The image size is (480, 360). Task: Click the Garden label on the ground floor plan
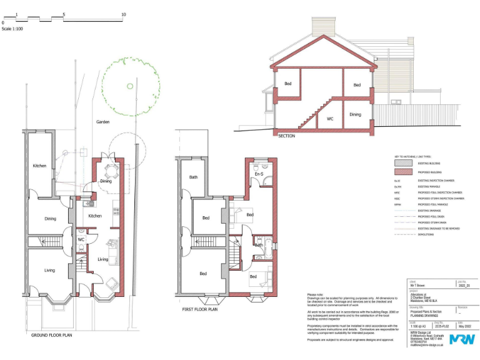(x=102, y=122)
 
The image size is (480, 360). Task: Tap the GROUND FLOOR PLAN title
(x=53, y=335)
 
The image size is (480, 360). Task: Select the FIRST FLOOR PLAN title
(x=199, y=309)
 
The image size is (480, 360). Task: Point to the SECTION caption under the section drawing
(x=286, y=136)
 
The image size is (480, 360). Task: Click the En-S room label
(x=259, y=173)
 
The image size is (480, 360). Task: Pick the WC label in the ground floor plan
(x=81, y=239)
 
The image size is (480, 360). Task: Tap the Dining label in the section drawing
(x=355, y=114)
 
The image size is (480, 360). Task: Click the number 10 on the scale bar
(x=123, y=14)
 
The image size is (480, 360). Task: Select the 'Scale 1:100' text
(x=12, y=29)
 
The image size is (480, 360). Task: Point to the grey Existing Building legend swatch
(x=404, y=162)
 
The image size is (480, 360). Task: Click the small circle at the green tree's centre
(x=130, y=86)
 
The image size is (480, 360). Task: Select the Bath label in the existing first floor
(x=193, y=177)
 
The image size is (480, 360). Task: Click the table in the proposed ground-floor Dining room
(x=111, y=171)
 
